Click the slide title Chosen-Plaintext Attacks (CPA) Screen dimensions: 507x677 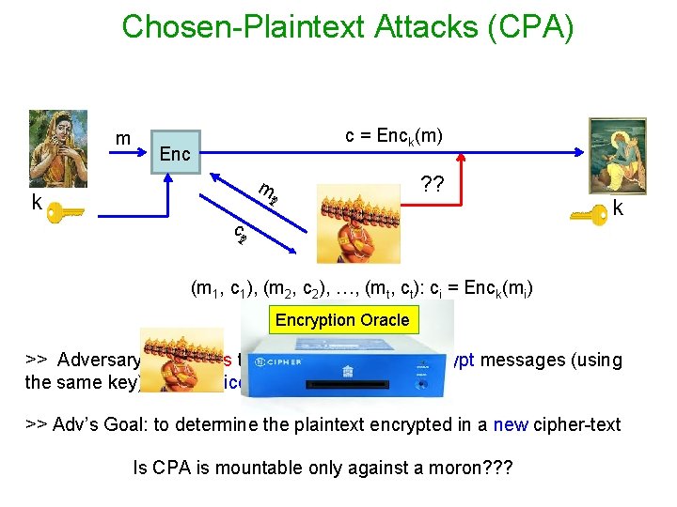click(x=347, y=26)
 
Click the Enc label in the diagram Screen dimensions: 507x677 click(x=175, y=153)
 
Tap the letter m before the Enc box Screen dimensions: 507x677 click(x=122, y=139)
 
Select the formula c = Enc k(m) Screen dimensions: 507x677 click(x=394, y=136)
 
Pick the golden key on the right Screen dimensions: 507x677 click(x=588, y=215)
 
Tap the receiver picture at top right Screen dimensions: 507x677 click(x=618, y=156)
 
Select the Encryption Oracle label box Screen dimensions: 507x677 click(x=341, y=320)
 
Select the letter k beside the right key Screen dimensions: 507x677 click(x=619, y=207)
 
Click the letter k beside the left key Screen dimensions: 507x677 click(x=36, y=202)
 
